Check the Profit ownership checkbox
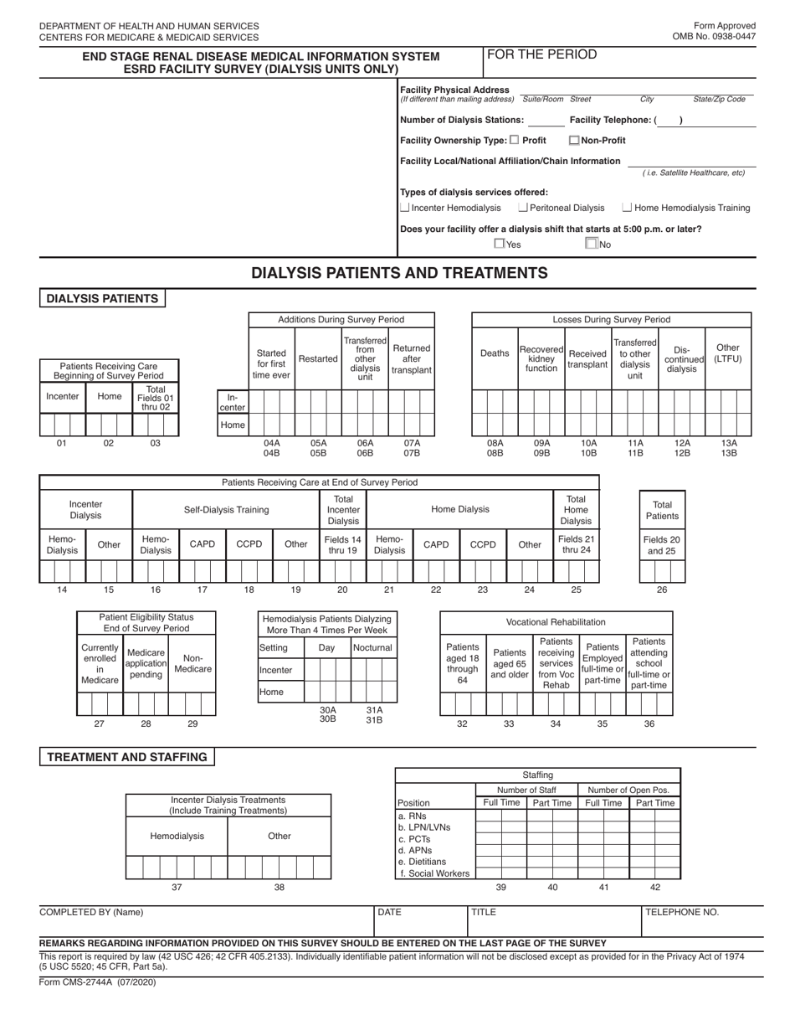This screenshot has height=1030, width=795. (514, 140)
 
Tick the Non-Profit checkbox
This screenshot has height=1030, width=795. (574, 141)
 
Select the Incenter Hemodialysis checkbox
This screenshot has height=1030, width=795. (405, 208)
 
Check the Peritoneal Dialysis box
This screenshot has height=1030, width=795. (523, 208)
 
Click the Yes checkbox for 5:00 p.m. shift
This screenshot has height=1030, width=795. (500, 244)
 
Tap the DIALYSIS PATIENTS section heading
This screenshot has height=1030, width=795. (102, 299)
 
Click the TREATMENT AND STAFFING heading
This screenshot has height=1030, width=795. (126, 757)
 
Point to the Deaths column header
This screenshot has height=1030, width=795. (495, 353)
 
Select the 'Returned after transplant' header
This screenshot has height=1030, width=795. (411, 359)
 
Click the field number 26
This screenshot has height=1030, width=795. (662, 590)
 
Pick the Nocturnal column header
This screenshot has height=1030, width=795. (372, 648)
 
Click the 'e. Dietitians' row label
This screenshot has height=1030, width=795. (423, 862)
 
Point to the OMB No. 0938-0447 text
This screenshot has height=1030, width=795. (713, 38)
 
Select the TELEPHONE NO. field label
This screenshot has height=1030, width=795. (682, 913)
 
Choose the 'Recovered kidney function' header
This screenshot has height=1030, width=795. (541, 358)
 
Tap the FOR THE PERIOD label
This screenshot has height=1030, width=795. (541, 55)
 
